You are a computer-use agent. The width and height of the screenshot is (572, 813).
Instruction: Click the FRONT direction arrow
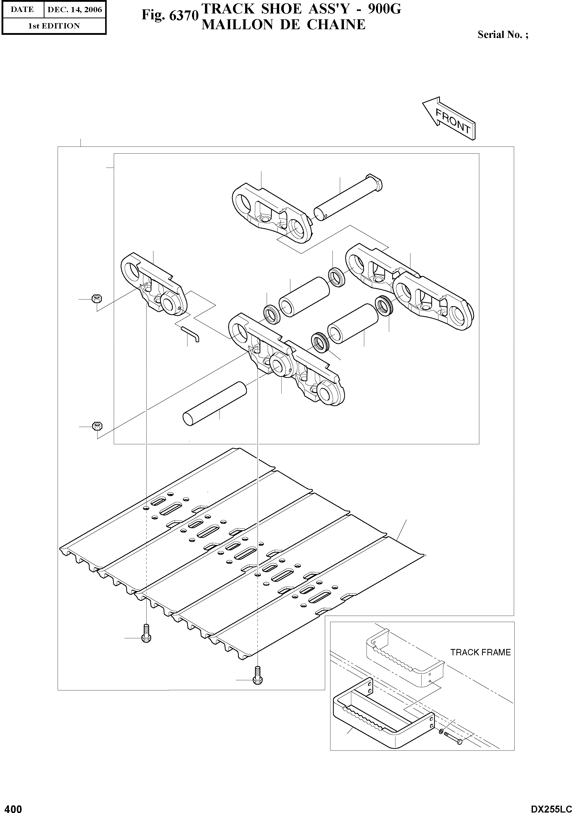click(x=449, y=118)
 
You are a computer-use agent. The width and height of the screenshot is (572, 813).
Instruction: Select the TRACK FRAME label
click(x=480, y=652)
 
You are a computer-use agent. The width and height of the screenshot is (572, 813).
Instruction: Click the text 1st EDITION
click(x=54, y=26)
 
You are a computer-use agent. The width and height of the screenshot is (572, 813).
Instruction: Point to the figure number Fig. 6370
click(x=169, y=16)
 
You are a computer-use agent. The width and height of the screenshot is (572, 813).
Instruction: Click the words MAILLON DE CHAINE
click(x=283, y=25)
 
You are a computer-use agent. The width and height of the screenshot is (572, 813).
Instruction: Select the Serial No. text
click(x=503, y=35)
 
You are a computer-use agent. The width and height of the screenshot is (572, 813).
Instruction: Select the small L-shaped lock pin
click(x=191, y=334)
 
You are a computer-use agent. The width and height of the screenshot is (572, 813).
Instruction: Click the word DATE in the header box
click(x=22, y=10)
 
